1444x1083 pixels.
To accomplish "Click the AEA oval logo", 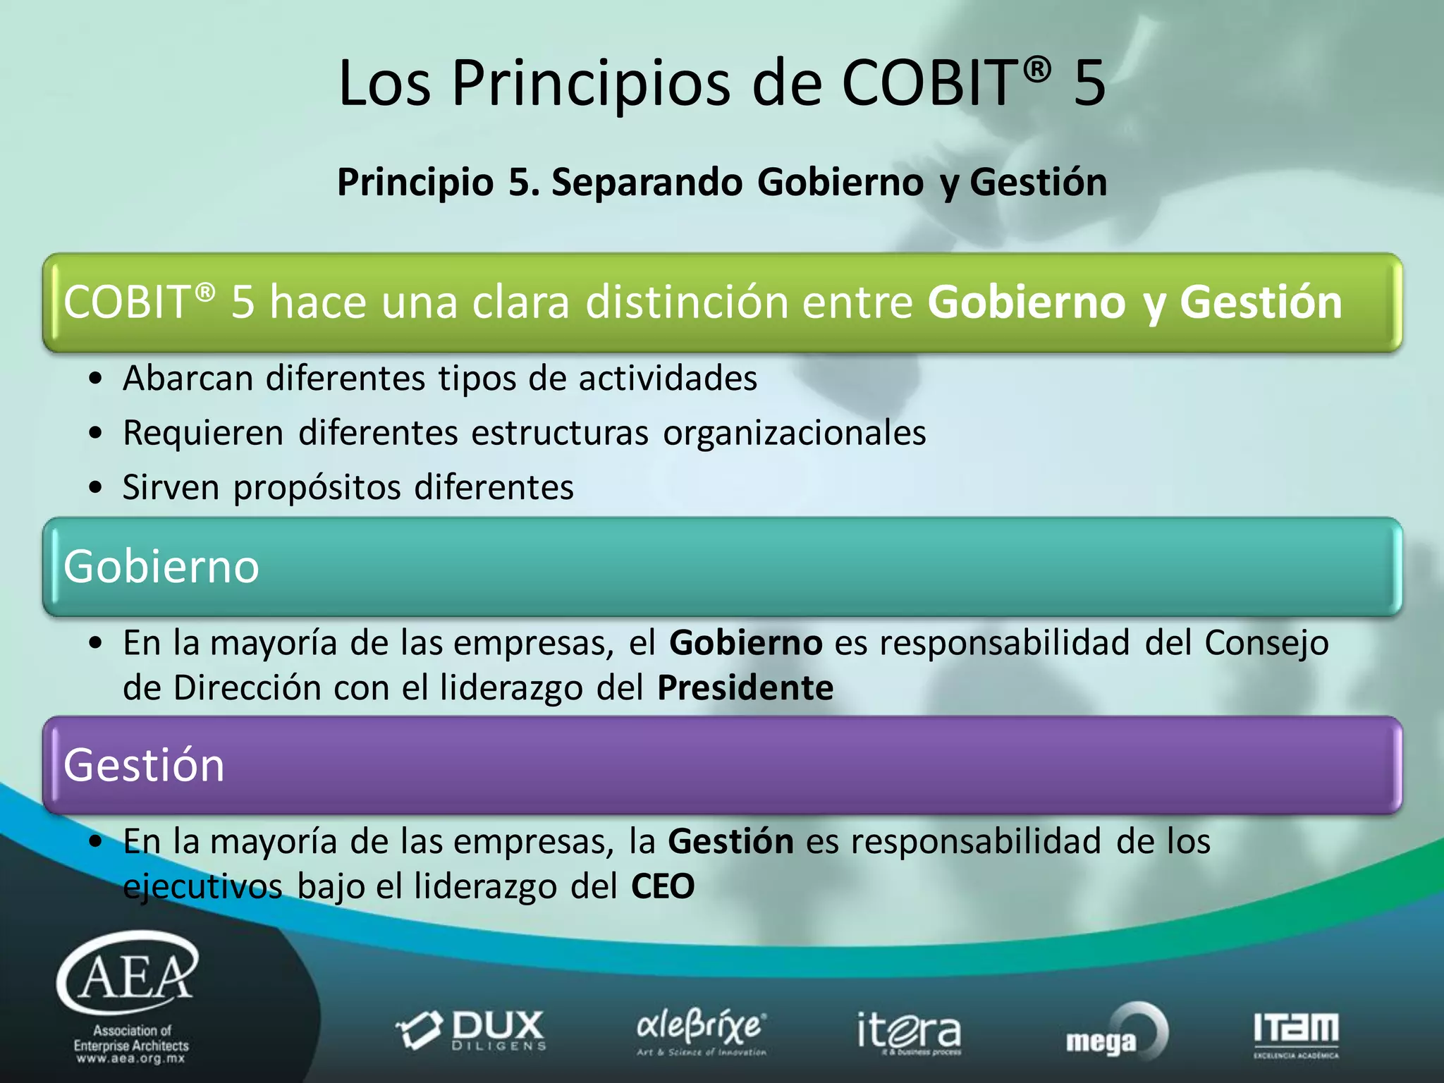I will [128, 973].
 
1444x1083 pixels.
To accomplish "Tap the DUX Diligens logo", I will [471, 1031].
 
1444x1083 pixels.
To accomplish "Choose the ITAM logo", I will [1296, 1032].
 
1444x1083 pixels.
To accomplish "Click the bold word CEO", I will [663, 886].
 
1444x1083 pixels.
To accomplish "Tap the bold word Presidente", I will [745, 687].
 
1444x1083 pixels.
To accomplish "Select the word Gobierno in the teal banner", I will [161, 566].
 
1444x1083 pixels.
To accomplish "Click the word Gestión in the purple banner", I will [144, 765].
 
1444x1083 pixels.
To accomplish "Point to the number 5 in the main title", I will [1089, 83].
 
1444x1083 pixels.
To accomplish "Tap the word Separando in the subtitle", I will [647, 182].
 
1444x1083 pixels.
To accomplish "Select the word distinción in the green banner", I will [687, 302].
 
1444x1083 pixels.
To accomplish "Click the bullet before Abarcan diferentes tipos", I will [96, 379].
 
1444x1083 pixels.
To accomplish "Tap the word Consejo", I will [1266, 643].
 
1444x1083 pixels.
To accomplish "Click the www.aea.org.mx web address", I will [131, 1058].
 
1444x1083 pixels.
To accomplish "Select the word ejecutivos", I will [202, 886].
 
